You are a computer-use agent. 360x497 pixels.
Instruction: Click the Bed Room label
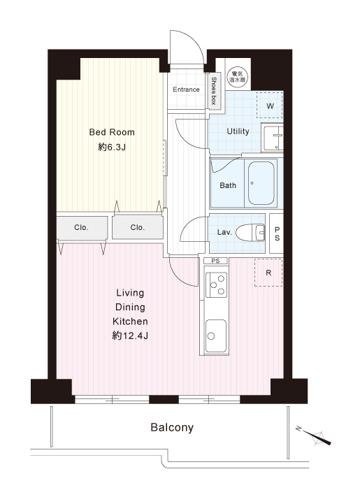(x=112, y=132)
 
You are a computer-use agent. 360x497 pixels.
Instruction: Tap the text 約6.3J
(x=112, y=147)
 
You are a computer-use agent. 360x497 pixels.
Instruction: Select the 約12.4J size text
(x=130, y=336)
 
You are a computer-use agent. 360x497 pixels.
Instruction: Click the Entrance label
(x=186, y=89)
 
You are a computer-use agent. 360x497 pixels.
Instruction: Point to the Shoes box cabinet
(x=215, y=92)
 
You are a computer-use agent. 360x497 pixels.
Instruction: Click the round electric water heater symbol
(x=238, y=77)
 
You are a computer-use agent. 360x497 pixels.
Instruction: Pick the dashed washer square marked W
(x=270, y=106)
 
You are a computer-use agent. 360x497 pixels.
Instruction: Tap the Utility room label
(x=238, y=131)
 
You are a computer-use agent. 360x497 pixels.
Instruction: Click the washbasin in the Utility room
(x=273, y=138)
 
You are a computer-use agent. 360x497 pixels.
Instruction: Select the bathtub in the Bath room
(x=261, y=183)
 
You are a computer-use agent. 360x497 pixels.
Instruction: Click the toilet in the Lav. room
(x=250, y=232)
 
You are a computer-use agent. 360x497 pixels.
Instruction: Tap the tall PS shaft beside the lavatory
(x=276, y=233)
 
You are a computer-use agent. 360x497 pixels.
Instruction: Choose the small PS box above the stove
(x=215, y=261)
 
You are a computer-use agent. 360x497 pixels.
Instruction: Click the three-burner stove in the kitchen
(x=217, y=284)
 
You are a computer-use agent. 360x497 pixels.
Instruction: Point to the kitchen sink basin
(x=216, y=336)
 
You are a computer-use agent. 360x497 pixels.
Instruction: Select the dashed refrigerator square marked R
(x=268, y=273)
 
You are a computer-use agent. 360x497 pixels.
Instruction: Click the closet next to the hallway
(x=137, y=227)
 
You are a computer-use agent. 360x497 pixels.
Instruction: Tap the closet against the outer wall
(x=82, y=228)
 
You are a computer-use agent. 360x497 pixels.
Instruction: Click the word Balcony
(x=172, y=428)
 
